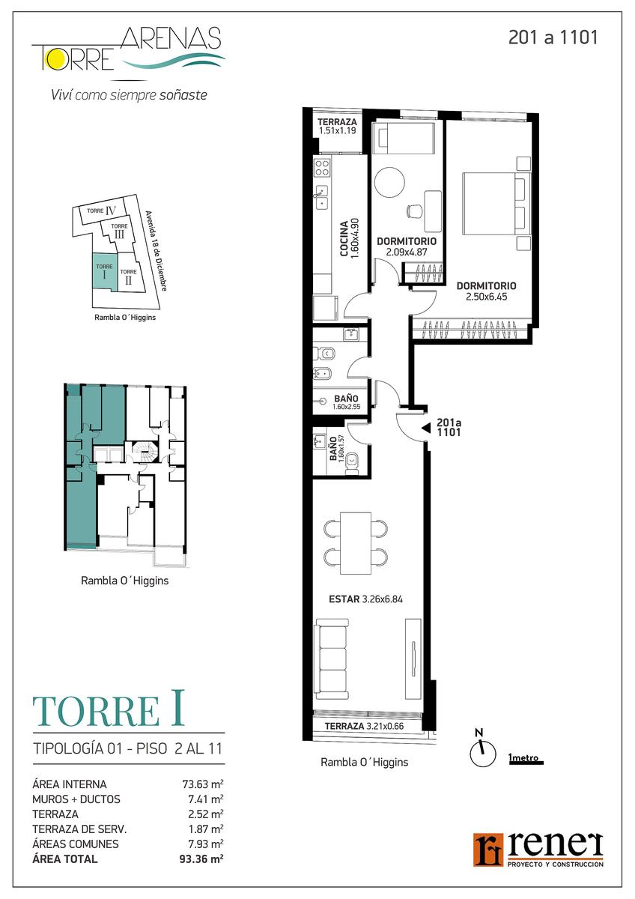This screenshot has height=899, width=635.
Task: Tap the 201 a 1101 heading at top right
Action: [x=553, y=37]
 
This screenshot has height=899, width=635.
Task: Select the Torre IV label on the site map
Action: [x=102, y=211]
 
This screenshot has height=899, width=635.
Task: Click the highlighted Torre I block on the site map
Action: [x=105, y=270]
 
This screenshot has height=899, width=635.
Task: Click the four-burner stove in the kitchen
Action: [x=322, y=167]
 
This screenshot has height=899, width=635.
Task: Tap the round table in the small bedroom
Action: [x=389, y=182]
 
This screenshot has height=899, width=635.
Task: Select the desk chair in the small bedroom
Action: [x=414, y=211]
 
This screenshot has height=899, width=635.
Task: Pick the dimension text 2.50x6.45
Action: [x=487, y=297]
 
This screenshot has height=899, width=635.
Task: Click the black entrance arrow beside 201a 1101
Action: [x=426, y=429]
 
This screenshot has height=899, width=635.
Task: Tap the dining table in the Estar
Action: [x=356, y=543]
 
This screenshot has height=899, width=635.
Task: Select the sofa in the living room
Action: [x=332, y=660]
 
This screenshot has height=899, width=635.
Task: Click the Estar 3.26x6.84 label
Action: [x=365, y=599]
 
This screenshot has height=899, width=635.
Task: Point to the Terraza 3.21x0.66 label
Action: [x=364, y=726]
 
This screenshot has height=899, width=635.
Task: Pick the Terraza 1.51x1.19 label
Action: [x=337, y=126]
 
